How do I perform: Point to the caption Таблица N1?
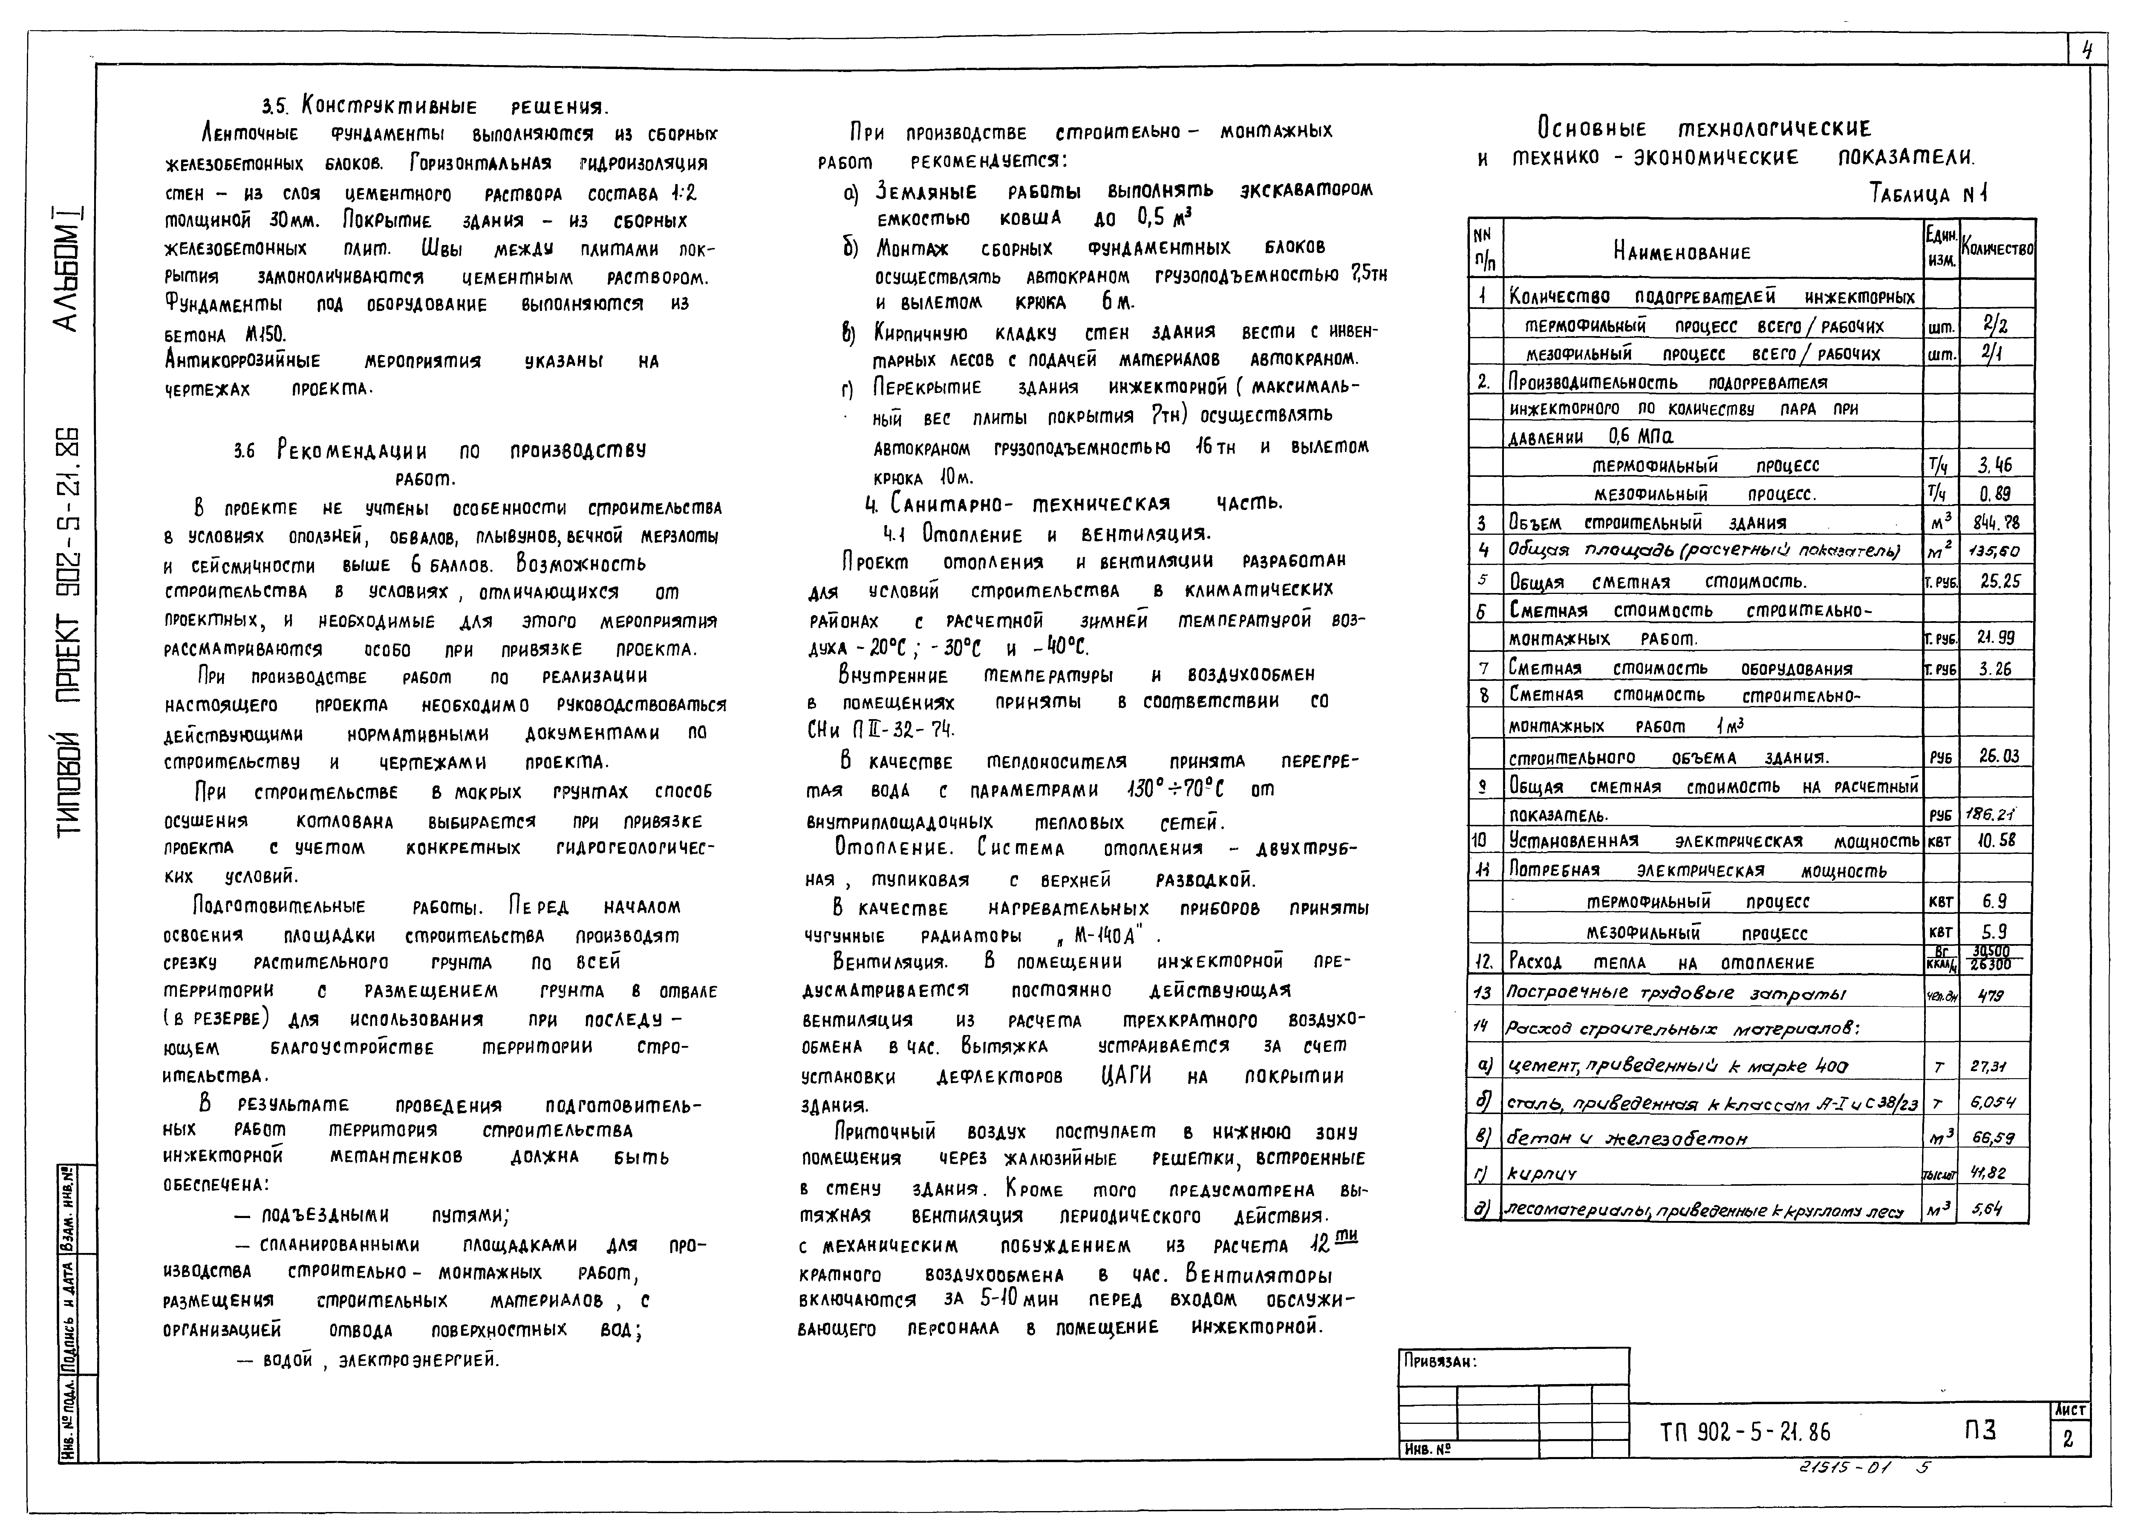click(x=1928, y=195)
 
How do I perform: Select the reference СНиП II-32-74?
click(x=880, y=729)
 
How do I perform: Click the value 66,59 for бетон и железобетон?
click(x=1993, y=1138)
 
